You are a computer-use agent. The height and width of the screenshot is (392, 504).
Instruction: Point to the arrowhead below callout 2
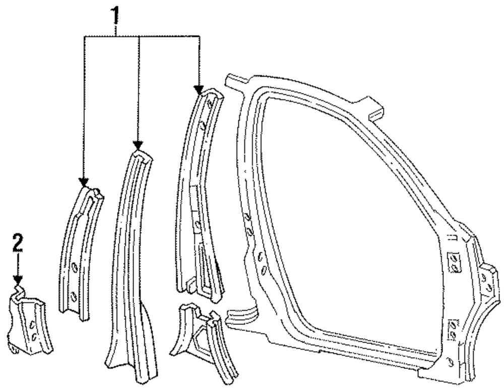pyautogui.click(x=18, y=279)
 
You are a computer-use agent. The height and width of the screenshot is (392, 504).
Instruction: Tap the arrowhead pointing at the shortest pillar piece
pyautogui.click(x=84, y=182)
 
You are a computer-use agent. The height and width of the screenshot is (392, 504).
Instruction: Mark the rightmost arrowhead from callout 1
pyautogui.click(x=200, y=89)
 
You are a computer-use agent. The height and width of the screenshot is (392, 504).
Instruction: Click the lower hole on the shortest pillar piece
pyautogui.click(x=74, y=297)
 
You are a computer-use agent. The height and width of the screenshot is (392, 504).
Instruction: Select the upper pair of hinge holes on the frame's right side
pyautogui.click(x=454, y=263)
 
